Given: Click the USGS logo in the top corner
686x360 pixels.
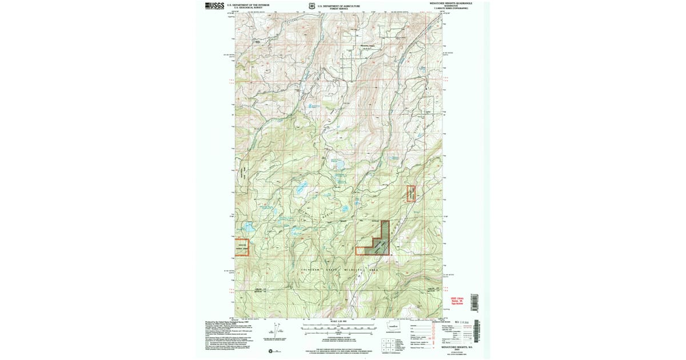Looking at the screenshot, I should click(214, 6).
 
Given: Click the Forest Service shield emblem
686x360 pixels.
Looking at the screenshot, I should click(312, 6).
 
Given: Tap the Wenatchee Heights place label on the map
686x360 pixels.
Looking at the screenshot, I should click(369, 46).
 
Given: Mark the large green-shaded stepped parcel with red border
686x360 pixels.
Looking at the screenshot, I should click(378, 242).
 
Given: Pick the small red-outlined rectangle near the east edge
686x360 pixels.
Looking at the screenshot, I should click(410, 194).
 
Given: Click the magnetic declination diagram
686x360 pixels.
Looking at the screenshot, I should click(276, 331).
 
